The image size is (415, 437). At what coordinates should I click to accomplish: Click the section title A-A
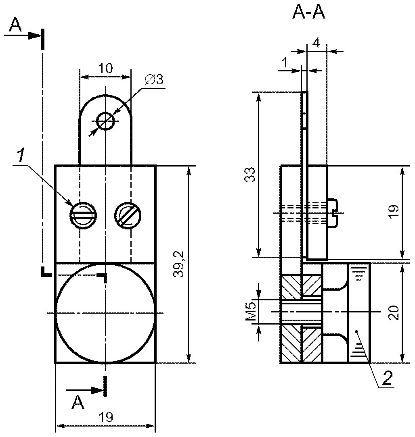click(x=309, y=13)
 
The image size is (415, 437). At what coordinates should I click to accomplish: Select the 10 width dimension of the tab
click(x=105, y=68)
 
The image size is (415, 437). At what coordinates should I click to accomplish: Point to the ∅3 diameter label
click(x=154, y=80)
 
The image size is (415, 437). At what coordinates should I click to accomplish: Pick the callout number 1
click(x=20, y=156)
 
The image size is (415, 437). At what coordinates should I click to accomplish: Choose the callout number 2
click(x=387, y=378)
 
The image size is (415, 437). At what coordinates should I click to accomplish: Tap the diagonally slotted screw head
click(x=128, y=215)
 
